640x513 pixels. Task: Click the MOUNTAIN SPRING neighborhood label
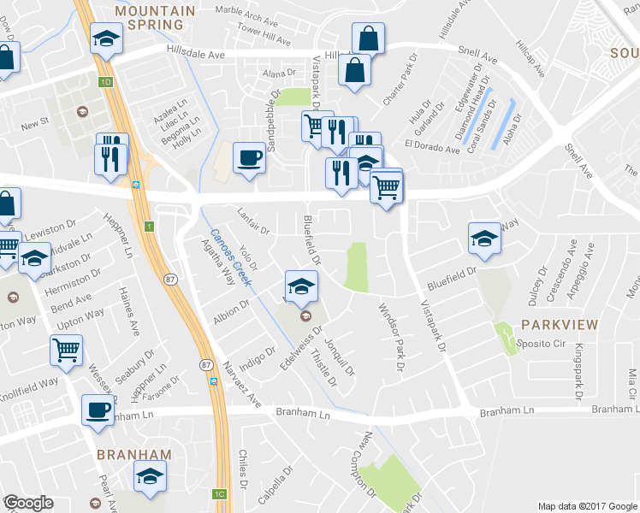point(155,18)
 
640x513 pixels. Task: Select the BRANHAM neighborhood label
point(133,454)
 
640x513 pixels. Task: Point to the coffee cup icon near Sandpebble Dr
point(249,158)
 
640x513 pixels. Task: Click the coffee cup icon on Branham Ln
point(98,409)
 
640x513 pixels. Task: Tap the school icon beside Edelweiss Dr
point(301,287)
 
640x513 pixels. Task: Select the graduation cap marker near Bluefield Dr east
point(484,239)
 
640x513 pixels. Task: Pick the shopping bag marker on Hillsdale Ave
point(368,38)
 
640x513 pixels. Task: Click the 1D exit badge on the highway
point(105,83)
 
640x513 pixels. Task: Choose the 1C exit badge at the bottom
point(220,493)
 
